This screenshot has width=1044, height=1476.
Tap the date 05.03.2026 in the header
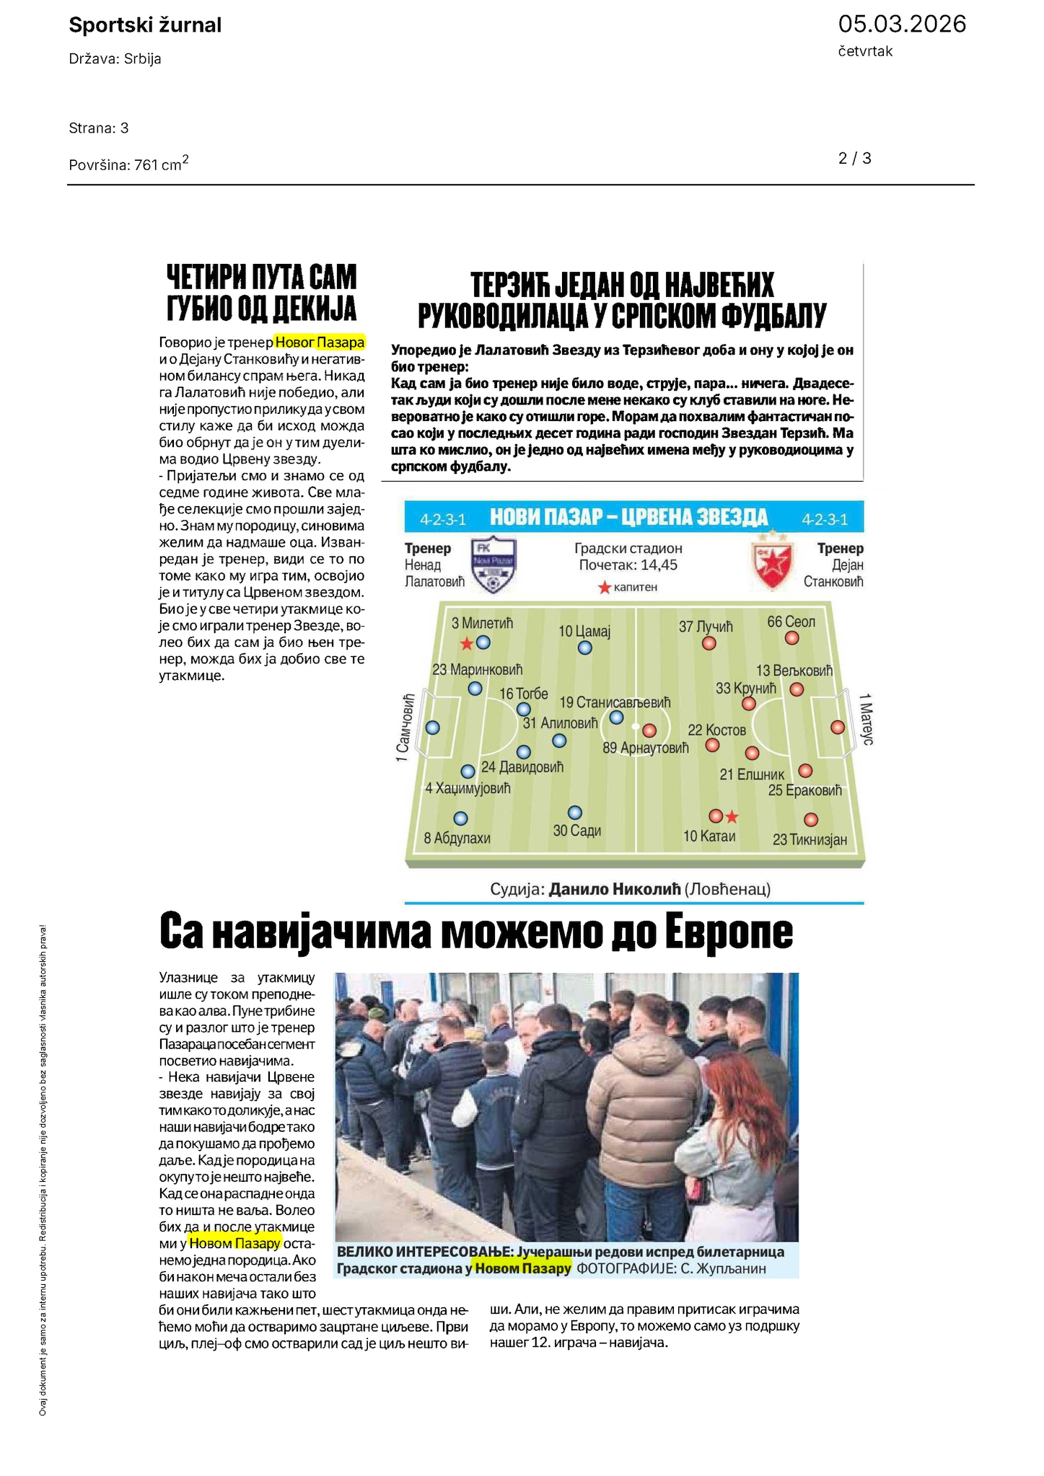pos(901,25)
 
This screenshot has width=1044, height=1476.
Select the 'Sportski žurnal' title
pos(145,25)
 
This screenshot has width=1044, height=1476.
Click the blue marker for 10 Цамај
pos(585,648)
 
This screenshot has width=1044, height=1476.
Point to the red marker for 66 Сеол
pos(791,638)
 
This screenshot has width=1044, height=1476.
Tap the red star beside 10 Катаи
pos(732,817)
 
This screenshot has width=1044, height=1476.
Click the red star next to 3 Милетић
pos(467,643)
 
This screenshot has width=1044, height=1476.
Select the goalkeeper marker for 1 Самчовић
pos(432,728)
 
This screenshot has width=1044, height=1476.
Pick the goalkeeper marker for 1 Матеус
pos(837,728)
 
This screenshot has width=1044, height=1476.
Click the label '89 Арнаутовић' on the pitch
pos(645,748)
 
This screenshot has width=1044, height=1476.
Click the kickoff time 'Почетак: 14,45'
pos(628,565)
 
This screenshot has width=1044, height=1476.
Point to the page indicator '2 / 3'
pos(854,159)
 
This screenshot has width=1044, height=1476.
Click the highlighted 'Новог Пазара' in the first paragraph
pos(320,343)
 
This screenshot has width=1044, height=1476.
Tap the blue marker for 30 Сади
pos(574,813)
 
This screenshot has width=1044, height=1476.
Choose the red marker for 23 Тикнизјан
pos(811,820)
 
